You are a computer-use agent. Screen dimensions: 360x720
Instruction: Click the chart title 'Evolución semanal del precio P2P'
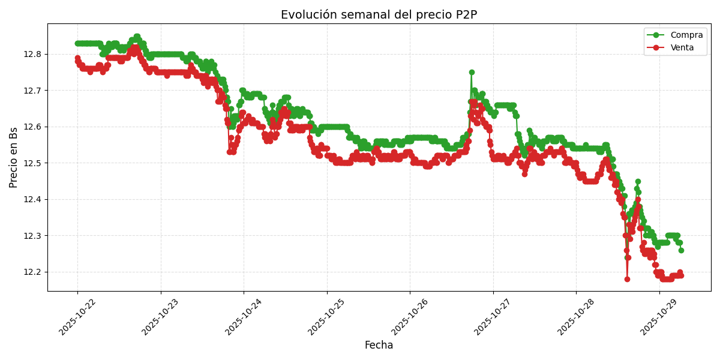click(379, 15)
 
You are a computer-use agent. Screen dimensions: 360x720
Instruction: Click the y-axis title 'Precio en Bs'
click(14, 157)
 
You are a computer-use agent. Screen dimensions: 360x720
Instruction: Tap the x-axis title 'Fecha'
click(379, 346)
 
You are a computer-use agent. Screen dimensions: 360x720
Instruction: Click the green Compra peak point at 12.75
click(472, 72)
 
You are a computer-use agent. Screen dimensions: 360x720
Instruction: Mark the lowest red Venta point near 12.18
click(627, 279)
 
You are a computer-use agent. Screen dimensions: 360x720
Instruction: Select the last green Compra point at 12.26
click(681, 250)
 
